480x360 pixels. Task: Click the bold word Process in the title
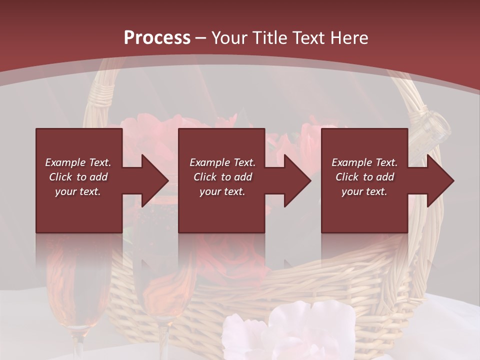tap(157, 38)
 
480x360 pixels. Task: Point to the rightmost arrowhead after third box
tap(439, 180)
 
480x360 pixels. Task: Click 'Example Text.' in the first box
tap(78, 162)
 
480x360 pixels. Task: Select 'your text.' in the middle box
tap(222, 191)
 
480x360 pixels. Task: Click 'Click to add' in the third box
tap(364, 177)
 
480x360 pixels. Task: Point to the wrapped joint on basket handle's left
tap(102, 95)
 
